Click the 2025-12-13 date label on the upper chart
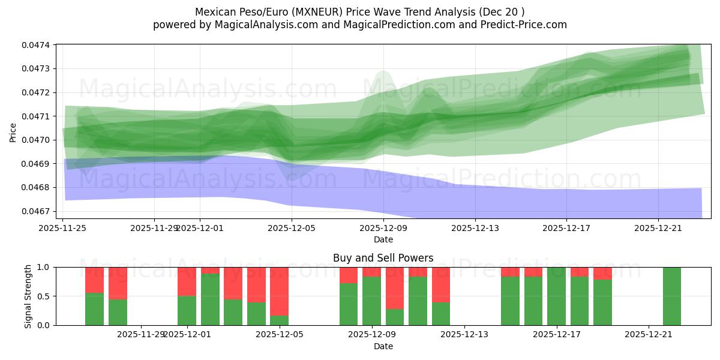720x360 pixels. click(475, 228)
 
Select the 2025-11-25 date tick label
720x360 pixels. click(63, 228)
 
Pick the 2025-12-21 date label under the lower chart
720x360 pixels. click(649, 335)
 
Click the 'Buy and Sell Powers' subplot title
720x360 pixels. click(383, 258)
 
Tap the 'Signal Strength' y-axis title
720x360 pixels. click(28, 296)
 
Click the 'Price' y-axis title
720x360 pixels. click(13, 133)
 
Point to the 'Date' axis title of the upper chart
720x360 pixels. click(383, 239)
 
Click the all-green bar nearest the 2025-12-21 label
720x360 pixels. click(672, 296)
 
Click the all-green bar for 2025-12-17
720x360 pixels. click(556, 296)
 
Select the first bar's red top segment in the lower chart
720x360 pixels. click(94, 280)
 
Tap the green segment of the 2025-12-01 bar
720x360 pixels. click(187, 310)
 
